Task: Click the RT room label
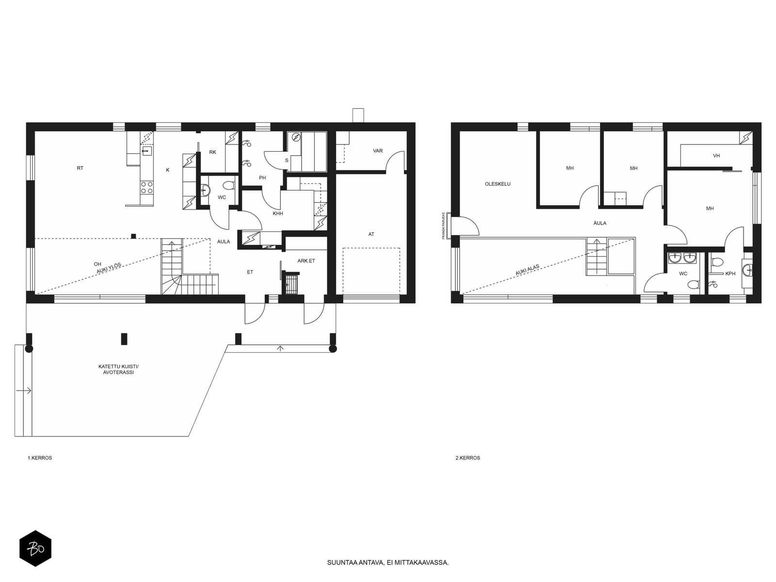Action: [x=80, y=168]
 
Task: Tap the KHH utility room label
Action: [x=277, y=213]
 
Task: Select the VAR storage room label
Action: [x=377, y=151]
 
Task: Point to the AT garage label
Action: [x=371, y=234]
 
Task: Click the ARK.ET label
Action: [x=306, y=261]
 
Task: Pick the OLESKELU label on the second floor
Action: [x=498, y=184]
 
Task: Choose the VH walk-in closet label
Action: [x=716, y=156]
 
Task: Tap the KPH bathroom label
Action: [x=730, y=274]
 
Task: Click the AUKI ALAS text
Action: [x=527, y=270]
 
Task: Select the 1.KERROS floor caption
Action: [x=40, y=458]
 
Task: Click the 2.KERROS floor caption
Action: [x=468, y=458]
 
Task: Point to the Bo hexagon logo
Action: [x=35, y=549]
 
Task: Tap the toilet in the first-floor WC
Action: [x=229, y=186]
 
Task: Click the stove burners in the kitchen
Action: [x=147, y=187]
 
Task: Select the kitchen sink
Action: [x=146, y=151]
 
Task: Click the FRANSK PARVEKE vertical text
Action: [x=443, y=226]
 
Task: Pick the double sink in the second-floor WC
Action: [x=682, y=259]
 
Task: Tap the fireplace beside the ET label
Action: [x=291, y=283]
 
